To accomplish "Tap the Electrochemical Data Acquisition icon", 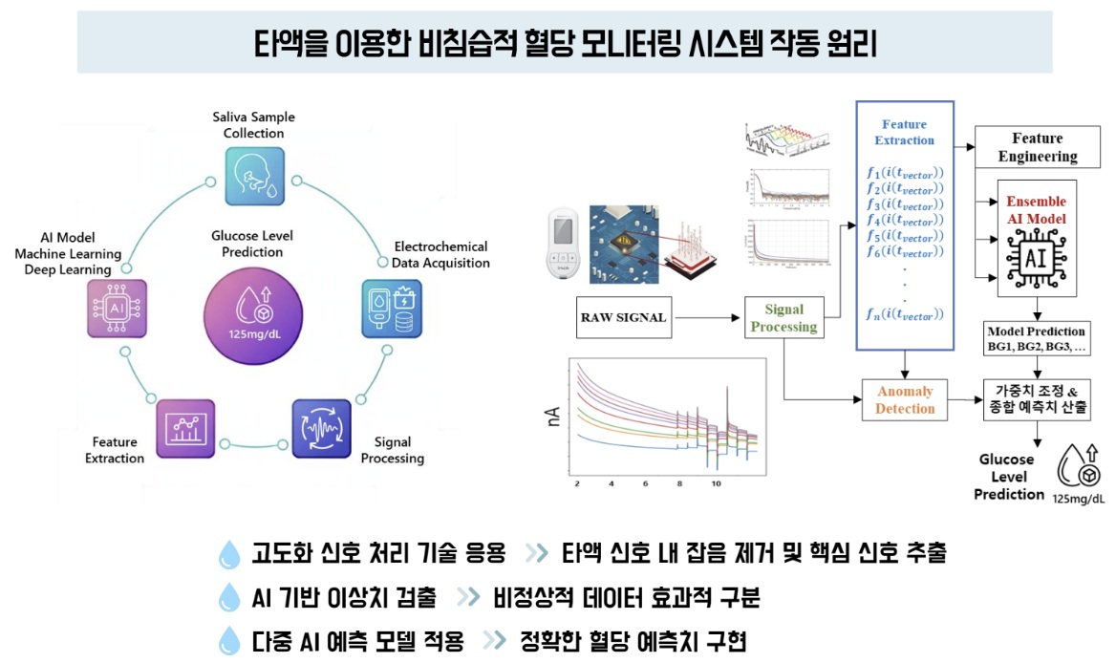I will coord(392,308).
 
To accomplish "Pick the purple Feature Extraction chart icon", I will coord(185,429).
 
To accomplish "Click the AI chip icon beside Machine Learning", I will coord(117,308).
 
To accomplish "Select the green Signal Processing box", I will coord(783,318).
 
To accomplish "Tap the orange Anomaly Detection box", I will coord(904,400).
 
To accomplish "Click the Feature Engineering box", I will coord(1037,147).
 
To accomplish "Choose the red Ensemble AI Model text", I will coord(1037,211).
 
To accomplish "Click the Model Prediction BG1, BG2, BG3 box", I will coord(1037,339).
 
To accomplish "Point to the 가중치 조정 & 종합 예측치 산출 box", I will coord(1037,399).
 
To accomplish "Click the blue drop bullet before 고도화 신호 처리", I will coord(229,553).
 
